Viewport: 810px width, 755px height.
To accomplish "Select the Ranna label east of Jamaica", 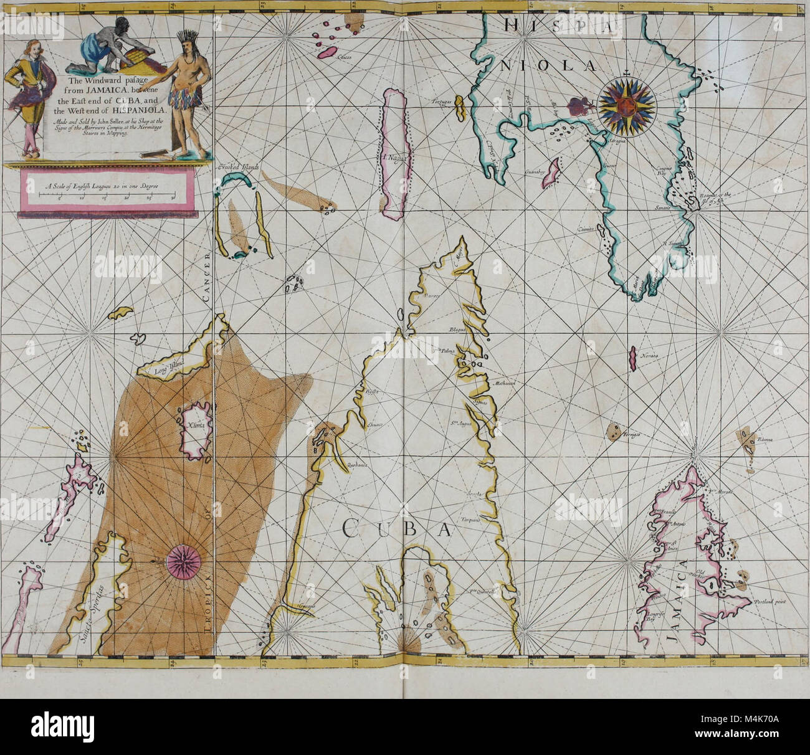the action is pos(765,440).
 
